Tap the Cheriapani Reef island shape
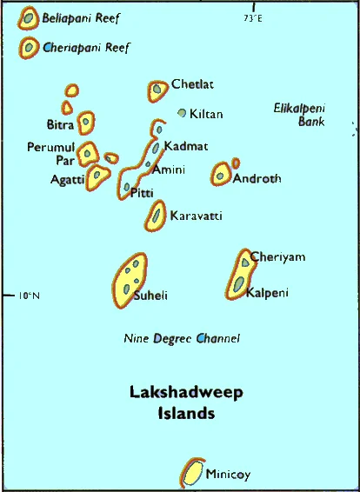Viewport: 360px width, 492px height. coord(30,47)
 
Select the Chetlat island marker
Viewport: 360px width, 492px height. coord(157,89)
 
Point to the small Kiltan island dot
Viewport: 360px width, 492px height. coord(182,112)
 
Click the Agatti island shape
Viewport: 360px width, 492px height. coord(97,177)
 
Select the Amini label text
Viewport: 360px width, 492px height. coord(169,170)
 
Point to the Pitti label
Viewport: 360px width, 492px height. coord(141,192)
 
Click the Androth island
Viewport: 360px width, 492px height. coord(221,173)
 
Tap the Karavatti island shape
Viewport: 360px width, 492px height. coord(157,213)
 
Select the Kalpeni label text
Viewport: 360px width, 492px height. coord(266,292)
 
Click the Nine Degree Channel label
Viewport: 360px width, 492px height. coord(182,338)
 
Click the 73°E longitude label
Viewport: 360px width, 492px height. coord(253,17)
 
